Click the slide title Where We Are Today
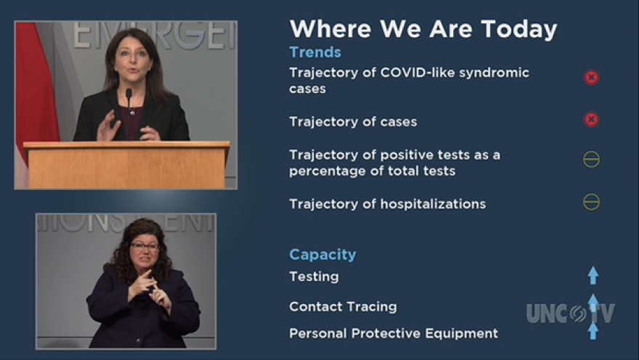pyautogui.click(x=423, y=29)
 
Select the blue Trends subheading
pyautogui.click(x=315, y=52)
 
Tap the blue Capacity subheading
pyautogui.click(x=322, y=255)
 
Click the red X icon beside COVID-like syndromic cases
pyautogui.click(x=591, y=78)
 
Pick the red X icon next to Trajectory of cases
pyautogui.click(x=591, y=119)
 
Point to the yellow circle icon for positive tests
pyautogui.click(x=591, y=159)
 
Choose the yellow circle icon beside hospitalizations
pyautogui.click(x=591, y=202)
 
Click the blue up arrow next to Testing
pyautogui.click(x=593, y=275)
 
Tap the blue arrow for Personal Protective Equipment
pyautogui.click(x=593, y=331)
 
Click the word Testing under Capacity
pyautogui.click(x=314, y=277)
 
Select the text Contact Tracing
pyautogui.click(x=343, y=306)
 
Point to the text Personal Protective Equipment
pyautogui.click(x=394, y=334)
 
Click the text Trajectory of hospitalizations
pyautogui.click(x=387, y=204)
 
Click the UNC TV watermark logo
pyautogui.click(x=571, y=313)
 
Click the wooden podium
pyautogui.click(x=126, y=164)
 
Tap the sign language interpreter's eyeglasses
pyautogui.click(x=145, y=246)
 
